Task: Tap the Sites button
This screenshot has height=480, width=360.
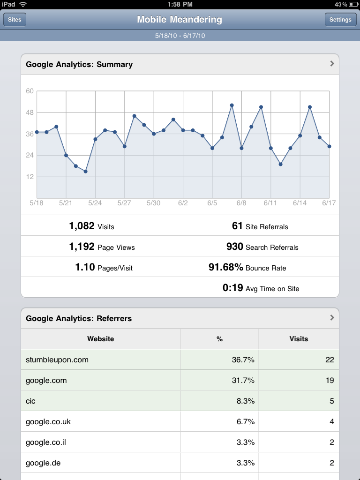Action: [15, 20]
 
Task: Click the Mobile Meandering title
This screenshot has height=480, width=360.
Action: [180, 20]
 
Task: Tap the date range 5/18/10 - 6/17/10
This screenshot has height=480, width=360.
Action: [180, 36]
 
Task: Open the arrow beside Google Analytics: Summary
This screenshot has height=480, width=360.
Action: [332, 64]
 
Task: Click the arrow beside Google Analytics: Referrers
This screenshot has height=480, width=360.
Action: [332, 318]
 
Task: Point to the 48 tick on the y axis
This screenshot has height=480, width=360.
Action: [30, 112]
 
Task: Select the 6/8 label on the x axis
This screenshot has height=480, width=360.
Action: [241, 203]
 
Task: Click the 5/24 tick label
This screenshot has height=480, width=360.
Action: [95, 203]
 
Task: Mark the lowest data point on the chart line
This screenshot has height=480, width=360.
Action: [85, 172]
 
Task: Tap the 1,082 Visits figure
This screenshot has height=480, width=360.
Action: [82, 226]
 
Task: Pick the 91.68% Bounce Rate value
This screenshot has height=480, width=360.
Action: [226, 268]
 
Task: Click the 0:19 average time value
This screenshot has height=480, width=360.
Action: [232, 288]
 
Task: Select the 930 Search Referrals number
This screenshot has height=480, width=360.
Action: [234, 247]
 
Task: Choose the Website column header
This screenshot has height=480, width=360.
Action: [100, 338]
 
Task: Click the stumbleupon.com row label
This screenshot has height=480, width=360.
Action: [57, 360]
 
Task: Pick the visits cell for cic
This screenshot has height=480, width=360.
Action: [331, 401]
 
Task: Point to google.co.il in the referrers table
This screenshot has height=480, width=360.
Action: [46, 442]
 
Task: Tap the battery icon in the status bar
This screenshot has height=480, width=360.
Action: [352, 4]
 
